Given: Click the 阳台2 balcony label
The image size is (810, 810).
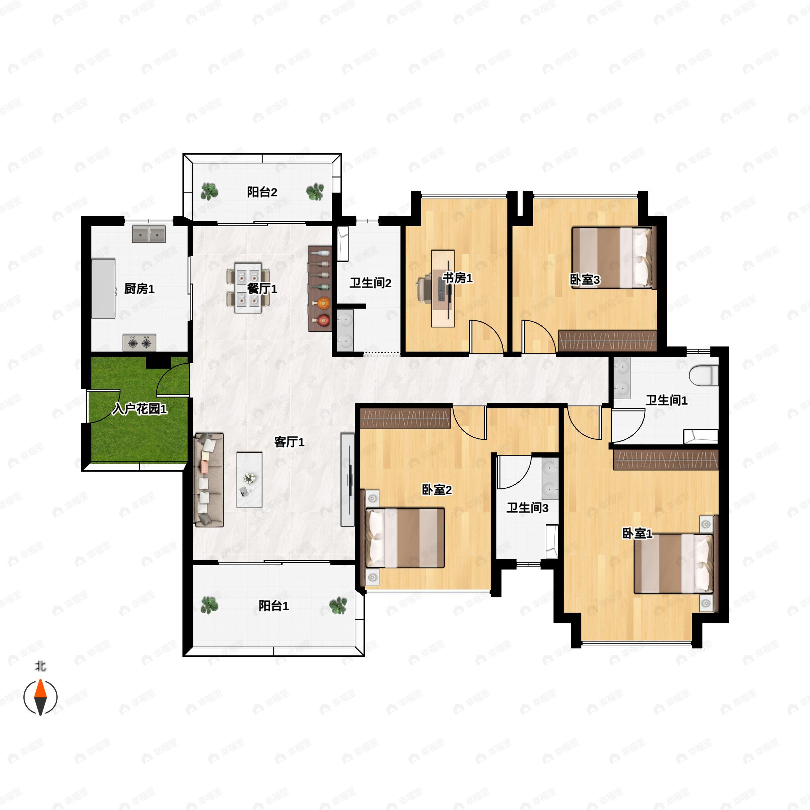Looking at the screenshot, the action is (262, 192).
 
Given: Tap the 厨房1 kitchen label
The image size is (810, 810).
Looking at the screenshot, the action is (139, 289).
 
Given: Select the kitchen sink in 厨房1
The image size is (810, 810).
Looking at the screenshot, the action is (149, 234).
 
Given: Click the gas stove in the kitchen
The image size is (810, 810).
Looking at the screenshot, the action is (140, 343).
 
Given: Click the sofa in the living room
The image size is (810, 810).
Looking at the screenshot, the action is (208, 480).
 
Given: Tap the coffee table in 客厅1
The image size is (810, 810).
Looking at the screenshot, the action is (249, 480).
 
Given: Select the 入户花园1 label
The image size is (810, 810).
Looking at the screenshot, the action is (140, 408).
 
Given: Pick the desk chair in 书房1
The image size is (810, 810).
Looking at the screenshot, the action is (426, 289).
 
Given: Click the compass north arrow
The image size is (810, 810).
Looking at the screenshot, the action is (40, 697).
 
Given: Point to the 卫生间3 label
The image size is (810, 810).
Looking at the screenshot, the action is (528, 508).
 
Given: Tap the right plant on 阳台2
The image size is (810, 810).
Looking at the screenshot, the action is (315, 192).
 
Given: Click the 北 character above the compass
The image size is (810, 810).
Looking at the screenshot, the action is (40, 666).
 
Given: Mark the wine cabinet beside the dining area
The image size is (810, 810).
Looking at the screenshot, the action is (320, 289).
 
